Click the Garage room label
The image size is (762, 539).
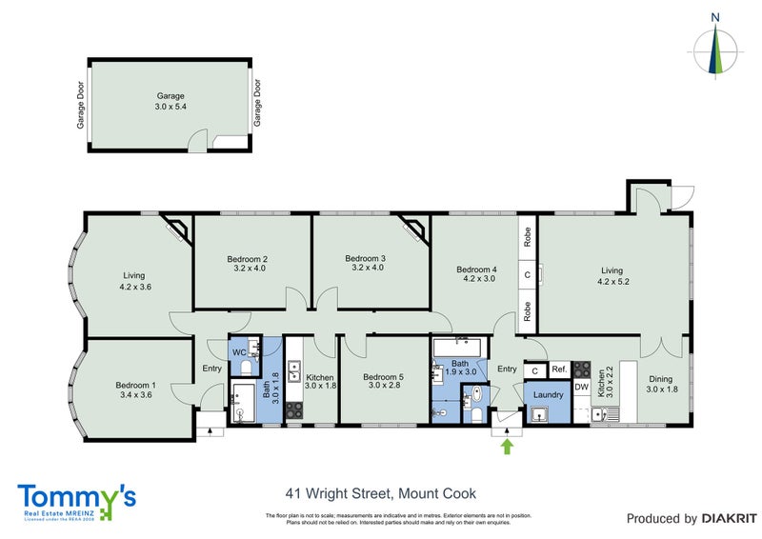coord(170,96)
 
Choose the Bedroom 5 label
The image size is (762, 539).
coord(383,377)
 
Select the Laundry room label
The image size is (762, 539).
coord(548,394)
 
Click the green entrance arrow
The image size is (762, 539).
coord(507,444)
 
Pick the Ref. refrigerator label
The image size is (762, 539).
coord(559,369)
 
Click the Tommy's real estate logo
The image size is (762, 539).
coord(77,500)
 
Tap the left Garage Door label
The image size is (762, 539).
coord(82,104)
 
